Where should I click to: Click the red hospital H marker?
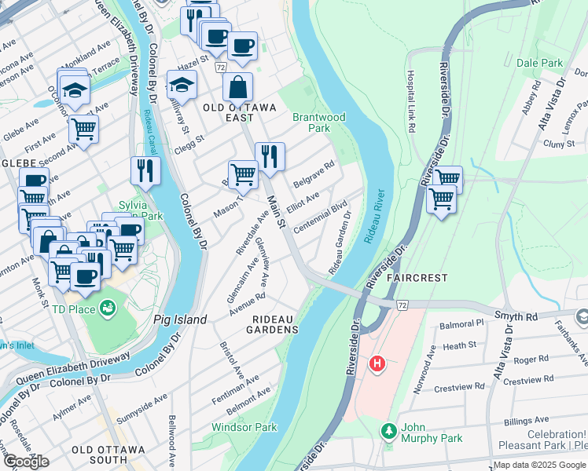coord(377,364)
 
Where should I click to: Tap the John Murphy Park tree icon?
coord(387,431)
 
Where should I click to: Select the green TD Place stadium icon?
coord(108,309)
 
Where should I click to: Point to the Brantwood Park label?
coord(318,122)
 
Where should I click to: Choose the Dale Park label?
coord(539,63)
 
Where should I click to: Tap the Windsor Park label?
coord(244,428)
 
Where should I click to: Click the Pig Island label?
coord(180,319)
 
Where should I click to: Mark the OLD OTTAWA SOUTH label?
coord(108,455)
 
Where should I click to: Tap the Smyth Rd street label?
coord(515,316)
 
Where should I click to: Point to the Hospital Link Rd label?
coord(410,100)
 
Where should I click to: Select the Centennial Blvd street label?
coord(320,218)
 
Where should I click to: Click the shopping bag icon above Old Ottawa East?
coord(237,87)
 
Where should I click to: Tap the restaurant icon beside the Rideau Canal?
coord(145,170)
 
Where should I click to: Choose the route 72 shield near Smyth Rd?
coord(402,303)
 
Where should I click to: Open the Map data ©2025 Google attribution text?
coord(539,465)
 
